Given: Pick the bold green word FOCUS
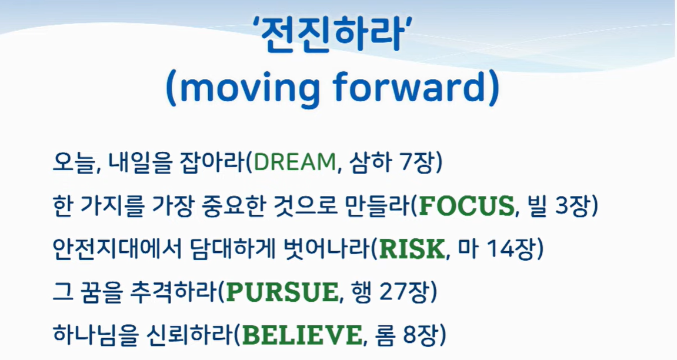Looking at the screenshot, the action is pos(466,206).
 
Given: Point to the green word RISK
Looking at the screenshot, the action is pos(412,249).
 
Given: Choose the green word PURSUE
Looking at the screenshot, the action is pos(282,292).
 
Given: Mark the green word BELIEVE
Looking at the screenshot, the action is pos(303,335).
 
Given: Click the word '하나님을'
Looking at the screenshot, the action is pos(91,335).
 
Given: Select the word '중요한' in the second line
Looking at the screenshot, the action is pos(233,206).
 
